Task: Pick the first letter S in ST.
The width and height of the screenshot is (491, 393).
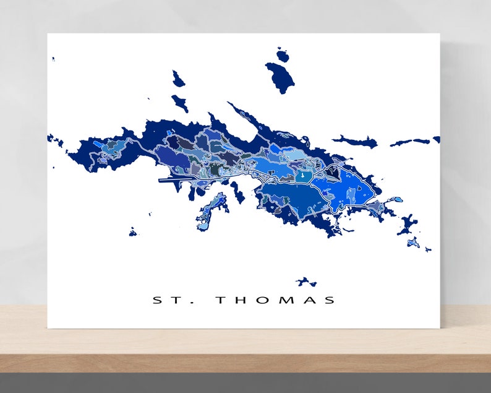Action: (157, 300)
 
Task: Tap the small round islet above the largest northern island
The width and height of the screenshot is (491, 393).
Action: (283, 56)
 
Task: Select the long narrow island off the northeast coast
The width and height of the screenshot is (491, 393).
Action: (356, 142)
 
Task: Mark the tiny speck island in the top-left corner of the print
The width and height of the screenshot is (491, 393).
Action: (53, 59)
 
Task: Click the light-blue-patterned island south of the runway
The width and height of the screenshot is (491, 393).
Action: (211, 210)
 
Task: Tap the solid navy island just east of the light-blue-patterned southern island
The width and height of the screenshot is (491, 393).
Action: (237, 191)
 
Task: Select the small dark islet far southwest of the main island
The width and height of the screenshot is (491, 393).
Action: (132, 232)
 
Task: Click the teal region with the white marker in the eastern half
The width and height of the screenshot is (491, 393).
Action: (302, 176)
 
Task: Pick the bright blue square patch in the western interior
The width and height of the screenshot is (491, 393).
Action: (98, 144)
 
